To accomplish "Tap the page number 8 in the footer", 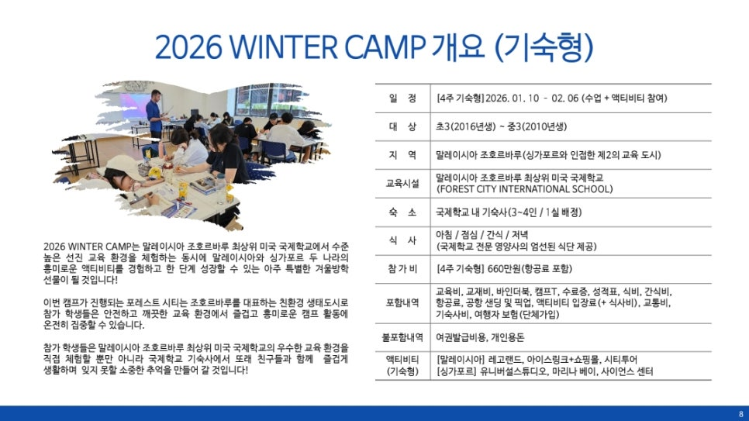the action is [741, 414].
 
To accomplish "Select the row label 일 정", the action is [402, 98].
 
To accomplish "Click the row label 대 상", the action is [402, 126].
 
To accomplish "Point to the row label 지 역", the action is [402, 155].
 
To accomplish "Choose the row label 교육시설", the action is [402, 184].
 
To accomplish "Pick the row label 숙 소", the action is [402, 212].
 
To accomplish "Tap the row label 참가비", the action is [402, 268].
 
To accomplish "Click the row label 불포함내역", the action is [402, 337].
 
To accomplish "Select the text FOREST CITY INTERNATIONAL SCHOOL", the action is [524, 189].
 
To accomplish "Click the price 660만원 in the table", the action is [503, 268].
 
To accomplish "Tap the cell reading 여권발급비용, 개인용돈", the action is [480, 337].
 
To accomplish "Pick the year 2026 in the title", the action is [188, 47].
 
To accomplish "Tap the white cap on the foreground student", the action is [124, 166].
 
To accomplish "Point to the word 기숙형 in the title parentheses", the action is [544, 47].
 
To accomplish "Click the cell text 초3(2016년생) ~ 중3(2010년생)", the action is [501, 126].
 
